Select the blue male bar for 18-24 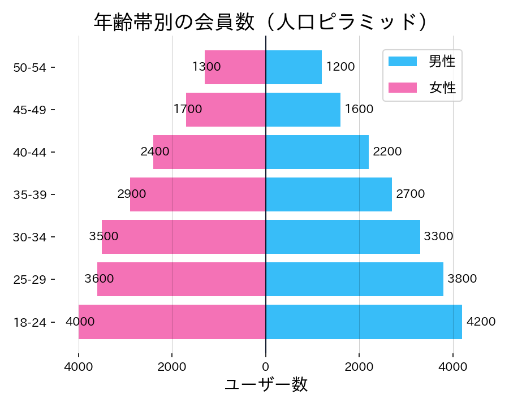click(364, 322)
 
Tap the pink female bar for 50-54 click(235, 67)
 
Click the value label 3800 click(462, 279)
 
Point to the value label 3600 click(99, 279)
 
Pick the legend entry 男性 click(442, 61)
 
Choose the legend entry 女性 click(442, 88)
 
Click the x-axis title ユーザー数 click(266, 385)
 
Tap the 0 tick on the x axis click(266, 367)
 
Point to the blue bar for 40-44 click(317, 152)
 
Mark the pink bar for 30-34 click(184, 237)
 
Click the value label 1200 click(340, 67)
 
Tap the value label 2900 click(132, 194)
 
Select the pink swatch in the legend click(402, 88)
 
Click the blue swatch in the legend click(402, 61)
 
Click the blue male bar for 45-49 click(303, 110)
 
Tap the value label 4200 click(481, 322)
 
